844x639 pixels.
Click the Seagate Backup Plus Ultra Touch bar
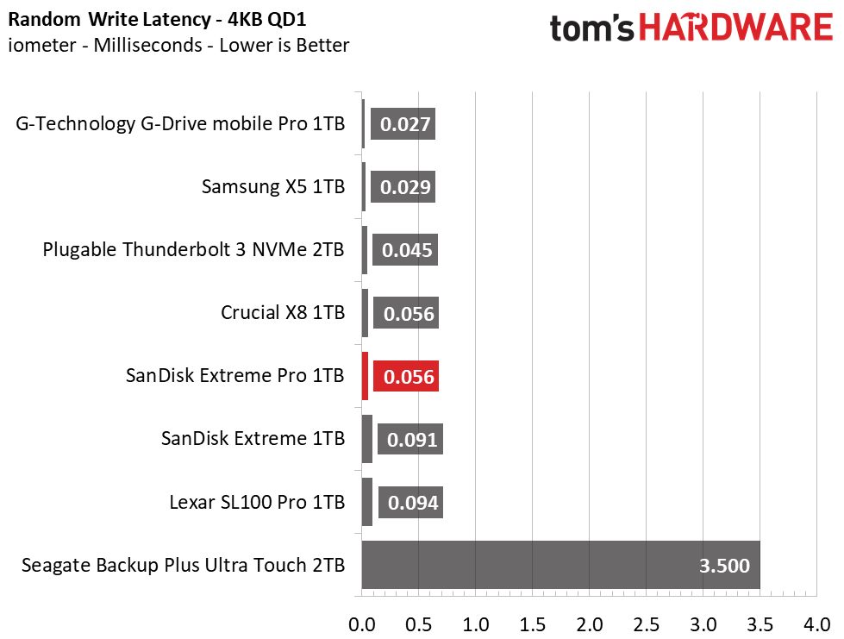click(x=560, y=565)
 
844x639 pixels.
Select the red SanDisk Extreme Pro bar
click(x=365, y=376)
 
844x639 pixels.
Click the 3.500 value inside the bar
click(x=724, y=565)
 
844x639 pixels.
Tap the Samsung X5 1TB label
click(x=273, y=186)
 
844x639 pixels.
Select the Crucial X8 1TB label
click(x=283, y=312)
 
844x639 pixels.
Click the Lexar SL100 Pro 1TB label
click(x=257, y=502)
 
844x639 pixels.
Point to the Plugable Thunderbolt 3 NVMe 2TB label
click(x=193, y=249)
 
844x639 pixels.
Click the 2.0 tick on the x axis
click(x=590, y=624)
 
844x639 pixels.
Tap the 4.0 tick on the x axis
click(x=817, y=624)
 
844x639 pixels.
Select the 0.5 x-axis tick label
click(x=419, y=624)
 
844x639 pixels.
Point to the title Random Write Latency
click(x=109, y=19)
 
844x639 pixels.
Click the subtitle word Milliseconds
click(x=148, y=45)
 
